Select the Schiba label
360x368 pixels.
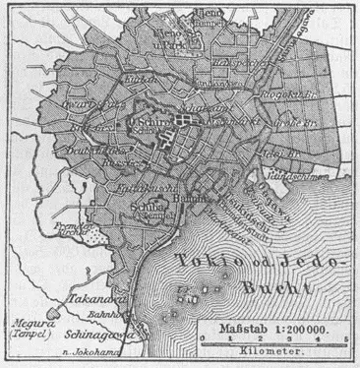coord(145,207)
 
